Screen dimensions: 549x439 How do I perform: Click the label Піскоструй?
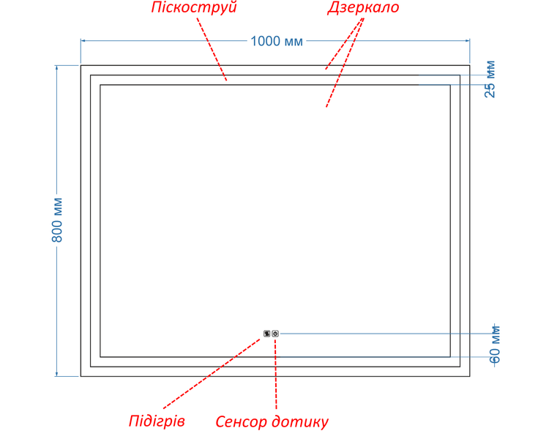(194, 7)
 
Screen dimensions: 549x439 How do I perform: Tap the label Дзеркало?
(363, 8)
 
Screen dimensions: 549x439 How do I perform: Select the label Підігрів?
(157, 421)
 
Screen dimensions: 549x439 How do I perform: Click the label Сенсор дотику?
(272, 421)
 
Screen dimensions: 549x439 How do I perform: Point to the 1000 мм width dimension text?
(277, 41)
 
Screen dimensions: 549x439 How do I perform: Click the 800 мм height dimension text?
(56, 219)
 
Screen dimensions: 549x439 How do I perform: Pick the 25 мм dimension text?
(490, 80)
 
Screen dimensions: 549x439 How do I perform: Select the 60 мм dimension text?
(494, 345)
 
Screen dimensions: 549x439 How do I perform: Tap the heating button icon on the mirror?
(266, 334)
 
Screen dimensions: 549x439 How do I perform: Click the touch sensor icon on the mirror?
(275, 334)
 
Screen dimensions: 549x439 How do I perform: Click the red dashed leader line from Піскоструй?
(212, 49)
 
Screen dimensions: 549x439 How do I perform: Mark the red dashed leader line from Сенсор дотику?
(275, 374)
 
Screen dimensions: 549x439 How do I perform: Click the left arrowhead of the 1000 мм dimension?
(83, 41)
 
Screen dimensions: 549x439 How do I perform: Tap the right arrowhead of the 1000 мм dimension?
(468, 41)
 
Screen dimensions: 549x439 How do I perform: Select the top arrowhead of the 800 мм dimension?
(56, 67)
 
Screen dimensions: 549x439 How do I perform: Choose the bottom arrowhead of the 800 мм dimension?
(56, 374)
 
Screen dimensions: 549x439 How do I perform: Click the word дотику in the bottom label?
(300, 421)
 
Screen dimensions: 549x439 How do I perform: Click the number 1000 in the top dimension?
(265, 41)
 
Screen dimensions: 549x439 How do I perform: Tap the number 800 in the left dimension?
(56, 231)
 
